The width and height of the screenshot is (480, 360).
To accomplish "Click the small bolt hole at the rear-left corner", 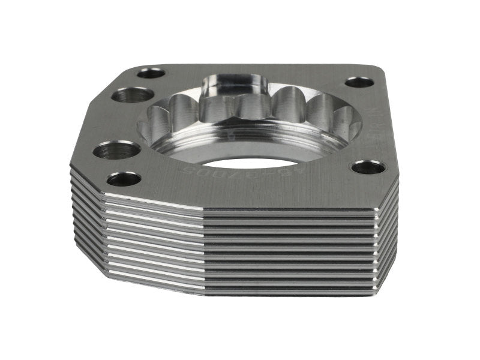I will [151, 73].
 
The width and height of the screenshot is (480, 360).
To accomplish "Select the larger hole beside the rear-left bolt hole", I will [133, 95].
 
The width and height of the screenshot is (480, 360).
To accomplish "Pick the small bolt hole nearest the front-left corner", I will [124, 178].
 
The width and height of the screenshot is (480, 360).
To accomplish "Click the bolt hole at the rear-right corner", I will [359, 82].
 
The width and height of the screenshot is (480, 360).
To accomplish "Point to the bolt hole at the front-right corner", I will [368, 167].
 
